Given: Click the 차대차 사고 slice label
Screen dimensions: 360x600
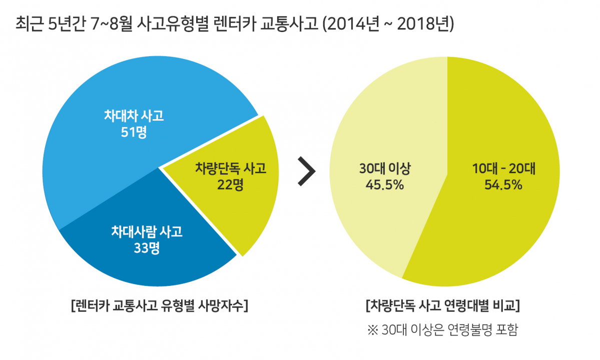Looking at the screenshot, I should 134,116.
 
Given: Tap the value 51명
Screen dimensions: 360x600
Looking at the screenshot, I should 134,133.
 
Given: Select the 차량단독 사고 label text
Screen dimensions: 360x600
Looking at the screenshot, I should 230,168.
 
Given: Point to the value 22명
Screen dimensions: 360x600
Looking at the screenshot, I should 230,185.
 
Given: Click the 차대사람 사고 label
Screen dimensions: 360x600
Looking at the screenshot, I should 147,231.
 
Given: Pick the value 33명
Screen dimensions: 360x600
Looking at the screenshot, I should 147,248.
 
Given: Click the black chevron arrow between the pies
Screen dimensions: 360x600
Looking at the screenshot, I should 306,171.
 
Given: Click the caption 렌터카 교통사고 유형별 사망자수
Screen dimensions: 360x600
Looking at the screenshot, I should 160,305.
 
